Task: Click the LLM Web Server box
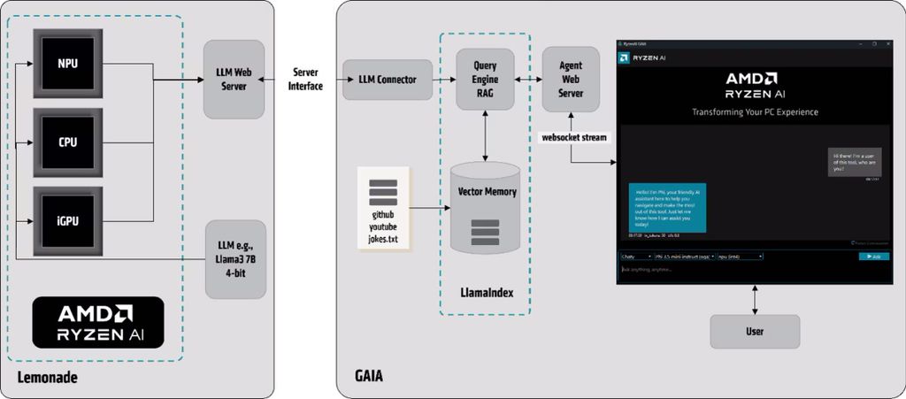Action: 234,79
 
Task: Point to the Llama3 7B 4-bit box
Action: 234,258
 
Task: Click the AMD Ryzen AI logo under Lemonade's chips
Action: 98,321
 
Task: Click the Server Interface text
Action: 304,80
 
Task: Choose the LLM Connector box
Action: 387,80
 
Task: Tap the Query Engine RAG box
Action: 485,80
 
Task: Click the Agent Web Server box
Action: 571,80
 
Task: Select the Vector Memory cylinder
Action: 486,208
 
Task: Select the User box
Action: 754,332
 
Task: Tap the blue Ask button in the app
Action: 872,256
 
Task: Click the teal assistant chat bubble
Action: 667,207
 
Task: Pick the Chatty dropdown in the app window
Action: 636,256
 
